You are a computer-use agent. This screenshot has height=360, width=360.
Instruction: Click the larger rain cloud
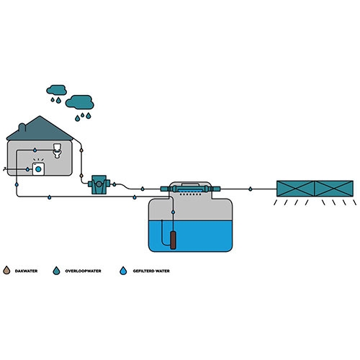82,101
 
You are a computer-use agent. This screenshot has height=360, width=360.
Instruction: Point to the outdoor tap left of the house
6,168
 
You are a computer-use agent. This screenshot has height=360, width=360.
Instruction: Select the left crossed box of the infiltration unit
297,189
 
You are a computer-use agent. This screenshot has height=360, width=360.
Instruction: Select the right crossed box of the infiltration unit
334,189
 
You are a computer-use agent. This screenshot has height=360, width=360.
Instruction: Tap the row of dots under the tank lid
191,193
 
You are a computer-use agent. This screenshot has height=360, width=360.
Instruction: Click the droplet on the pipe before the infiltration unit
249,189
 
